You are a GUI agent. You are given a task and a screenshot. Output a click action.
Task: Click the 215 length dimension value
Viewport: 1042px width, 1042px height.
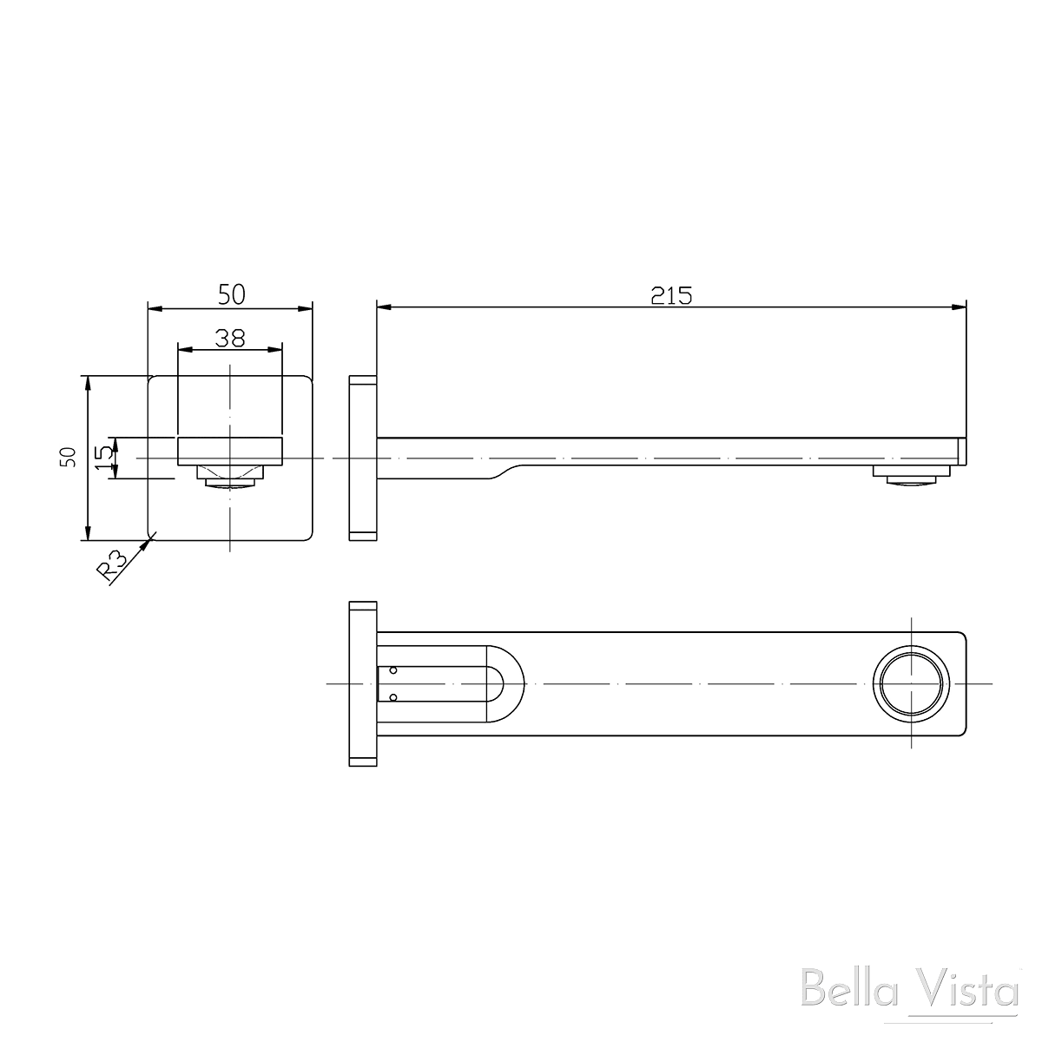pyautogui.click(x=671, y=295)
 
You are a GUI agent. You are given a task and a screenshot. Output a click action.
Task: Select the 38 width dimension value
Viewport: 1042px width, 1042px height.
pyautogui.click(x=229, y=338)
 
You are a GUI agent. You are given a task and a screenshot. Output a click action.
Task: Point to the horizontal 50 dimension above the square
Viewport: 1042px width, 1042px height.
pyautogui.click(x=231, y=294)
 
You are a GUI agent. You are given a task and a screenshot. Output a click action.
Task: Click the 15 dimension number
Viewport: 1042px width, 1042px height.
pyautogui.click(x=103, y=457)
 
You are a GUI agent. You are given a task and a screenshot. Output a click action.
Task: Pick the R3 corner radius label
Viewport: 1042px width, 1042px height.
pyautogui.click(x=111, y=566)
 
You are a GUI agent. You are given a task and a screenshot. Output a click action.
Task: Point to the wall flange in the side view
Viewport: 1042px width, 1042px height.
pyautogui.click(x=362, y=458)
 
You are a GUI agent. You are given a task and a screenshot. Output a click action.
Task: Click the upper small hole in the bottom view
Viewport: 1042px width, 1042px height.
pyautogui.click(x=393, y=670)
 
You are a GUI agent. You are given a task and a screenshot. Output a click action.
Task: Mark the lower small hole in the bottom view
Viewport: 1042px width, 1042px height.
pyautogui.click(x=393, y=697)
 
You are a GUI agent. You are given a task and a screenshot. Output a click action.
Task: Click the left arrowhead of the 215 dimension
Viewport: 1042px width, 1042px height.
pyautogui.click(x=383, y=307)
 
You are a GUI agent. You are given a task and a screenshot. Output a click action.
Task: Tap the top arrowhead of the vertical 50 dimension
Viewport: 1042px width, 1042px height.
pyautogui.click(x=87, y=381)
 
